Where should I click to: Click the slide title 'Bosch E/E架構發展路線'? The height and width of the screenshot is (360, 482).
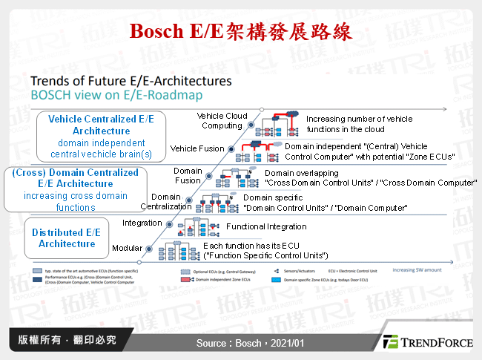(x=240, y=33)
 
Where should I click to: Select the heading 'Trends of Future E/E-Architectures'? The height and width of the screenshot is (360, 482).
(x=131, y=81)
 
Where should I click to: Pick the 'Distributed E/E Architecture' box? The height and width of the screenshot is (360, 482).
(x=67, y=238)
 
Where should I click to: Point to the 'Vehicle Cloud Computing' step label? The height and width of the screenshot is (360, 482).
(x=222, y=121)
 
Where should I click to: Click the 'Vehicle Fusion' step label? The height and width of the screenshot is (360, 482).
(x=197, y=148)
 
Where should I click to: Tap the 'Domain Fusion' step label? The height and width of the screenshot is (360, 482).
(x=188, y=175)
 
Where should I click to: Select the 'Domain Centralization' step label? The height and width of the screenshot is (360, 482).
(x=167, y=201)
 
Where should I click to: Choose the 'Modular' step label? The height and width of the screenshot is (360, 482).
(x=127, y=248)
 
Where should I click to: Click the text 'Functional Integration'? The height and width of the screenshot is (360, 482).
(x=265, y=226)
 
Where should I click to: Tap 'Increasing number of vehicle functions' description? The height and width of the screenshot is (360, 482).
(x=359, y=123)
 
